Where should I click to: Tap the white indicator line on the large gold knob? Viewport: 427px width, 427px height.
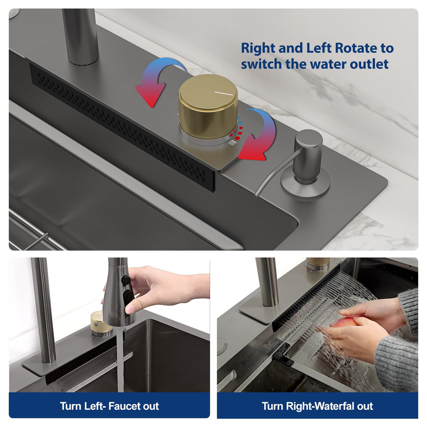(x=224, y=93)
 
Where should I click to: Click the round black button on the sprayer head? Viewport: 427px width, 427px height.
(x=126, y=280)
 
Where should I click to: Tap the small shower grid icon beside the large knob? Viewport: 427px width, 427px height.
(x=232, y=143)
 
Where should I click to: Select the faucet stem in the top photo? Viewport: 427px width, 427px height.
(x=80, y=37)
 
